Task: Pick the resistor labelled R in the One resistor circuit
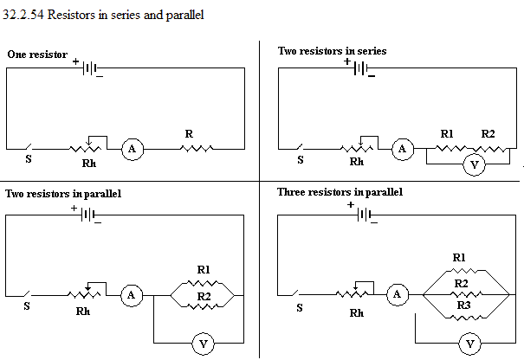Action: point(197,148)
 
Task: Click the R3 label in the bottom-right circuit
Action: point(464,305)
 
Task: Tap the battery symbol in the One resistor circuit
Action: point(90,68)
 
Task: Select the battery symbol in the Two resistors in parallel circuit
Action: point(87,215)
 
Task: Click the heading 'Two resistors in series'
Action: point(332,51)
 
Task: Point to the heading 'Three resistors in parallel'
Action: point(340,192)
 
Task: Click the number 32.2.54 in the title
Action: point(23,15)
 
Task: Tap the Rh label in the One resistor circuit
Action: point(89,164)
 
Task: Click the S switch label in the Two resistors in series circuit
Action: point(301,160)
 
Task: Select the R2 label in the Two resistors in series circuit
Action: point(488,134)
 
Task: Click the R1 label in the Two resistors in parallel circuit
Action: point(204,269)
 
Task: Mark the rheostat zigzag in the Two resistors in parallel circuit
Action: point(84,295)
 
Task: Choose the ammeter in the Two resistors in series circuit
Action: point(403,149)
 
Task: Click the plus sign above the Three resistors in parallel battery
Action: point(350,204)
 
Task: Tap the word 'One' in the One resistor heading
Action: point(16,55)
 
